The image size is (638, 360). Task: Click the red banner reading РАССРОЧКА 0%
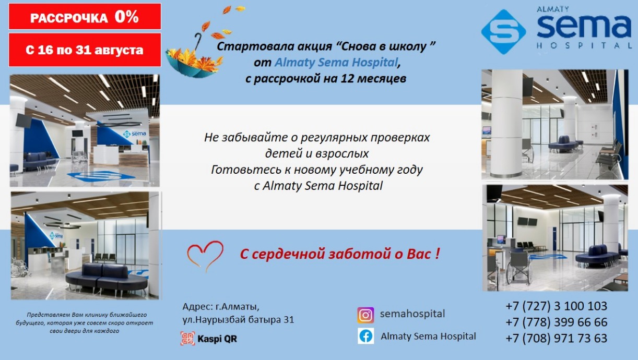[85, 17]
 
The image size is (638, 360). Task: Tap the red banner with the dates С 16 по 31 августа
[85, 50]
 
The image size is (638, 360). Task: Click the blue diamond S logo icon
[504, 32]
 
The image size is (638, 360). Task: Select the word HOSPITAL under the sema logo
[584, 45]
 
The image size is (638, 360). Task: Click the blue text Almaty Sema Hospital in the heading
[336, 62]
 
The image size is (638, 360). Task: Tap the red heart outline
[205, 256]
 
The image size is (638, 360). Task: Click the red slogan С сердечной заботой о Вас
[340, 254]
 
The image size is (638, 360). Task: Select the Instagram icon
[365, 315]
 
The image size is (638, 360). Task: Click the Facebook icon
[366, 336]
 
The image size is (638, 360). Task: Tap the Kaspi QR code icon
[188, 339]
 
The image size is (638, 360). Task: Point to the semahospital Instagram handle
[412, 314]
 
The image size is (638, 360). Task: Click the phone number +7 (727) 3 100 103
[556, 306]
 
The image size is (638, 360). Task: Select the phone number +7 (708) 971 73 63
[556, 338]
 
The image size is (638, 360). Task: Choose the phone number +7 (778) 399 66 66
[556, 322]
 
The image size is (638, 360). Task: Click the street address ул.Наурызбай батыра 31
[238, 320]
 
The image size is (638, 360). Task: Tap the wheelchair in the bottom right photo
[518, 268]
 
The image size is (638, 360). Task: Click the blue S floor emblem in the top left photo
[100, 176]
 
